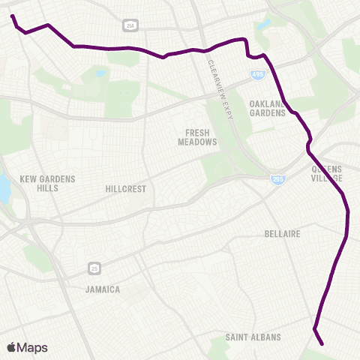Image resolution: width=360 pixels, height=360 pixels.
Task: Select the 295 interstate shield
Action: pyautogui.click(x=277, y=179)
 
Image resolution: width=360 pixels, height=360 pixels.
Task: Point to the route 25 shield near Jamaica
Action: pyautogui.click(x=94, y=267)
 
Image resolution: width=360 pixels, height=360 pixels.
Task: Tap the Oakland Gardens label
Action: pyautogui.click(x=268, y=108)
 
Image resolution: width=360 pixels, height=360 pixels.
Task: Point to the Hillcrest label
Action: pyautogui.click(x=126, y=189)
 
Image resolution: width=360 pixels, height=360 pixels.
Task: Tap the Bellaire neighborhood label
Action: pyautogui.click(x=283, y=234)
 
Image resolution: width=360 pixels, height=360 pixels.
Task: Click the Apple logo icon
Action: pyautogui.click(x=11, y=347)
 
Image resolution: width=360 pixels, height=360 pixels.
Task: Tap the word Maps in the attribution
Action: pyautogui.click(x=33, y=347)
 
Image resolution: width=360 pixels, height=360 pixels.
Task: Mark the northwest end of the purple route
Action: pyautogui.click(x=13, y=16)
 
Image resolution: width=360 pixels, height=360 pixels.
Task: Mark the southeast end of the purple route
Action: pyautogui.click(x=322, y=344)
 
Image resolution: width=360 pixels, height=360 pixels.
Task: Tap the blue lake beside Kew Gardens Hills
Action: pyautogui.click(x=4, y=190)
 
